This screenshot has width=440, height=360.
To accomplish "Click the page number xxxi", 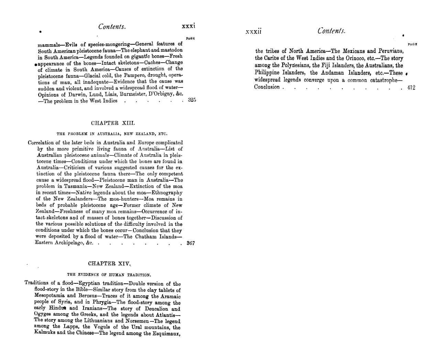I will pos(188,26).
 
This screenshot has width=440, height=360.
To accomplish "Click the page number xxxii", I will pos(254,32).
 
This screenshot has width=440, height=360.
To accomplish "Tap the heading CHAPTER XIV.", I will pos(109,263).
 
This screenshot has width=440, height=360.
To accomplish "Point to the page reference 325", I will pos(192,100).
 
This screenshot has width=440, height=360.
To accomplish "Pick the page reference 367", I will pos(190,243).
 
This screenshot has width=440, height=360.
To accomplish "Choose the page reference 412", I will pos(411,87).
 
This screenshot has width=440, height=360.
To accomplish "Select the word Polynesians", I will pos(296,65).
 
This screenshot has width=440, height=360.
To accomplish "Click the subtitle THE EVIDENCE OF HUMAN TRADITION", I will pos(109,275).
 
